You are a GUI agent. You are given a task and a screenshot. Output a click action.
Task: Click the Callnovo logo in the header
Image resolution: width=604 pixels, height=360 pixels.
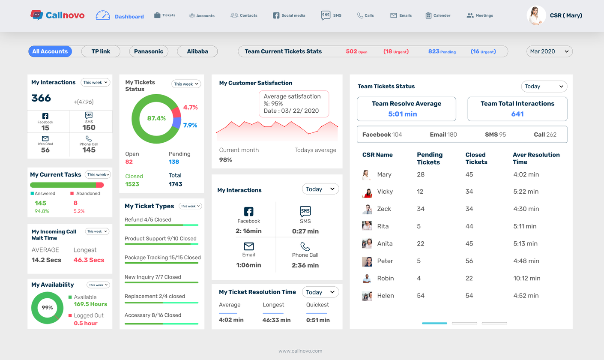pyautogui.click(x=57, y=15)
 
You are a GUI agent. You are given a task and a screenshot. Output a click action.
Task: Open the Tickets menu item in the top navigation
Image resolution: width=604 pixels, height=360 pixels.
pyautogui.click(x=164, y=15)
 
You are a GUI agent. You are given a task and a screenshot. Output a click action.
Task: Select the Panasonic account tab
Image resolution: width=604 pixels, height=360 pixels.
pyautogui.click(x=149, y=51)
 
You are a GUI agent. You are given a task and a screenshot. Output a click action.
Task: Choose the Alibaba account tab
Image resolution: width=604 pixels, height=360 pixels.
pyautogui.click(x=197, y=51)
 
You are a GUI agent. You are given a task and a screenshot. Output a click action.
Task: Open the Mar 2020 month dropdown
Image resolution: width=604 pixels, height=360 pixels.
pyautogui.click(x=549, y=51)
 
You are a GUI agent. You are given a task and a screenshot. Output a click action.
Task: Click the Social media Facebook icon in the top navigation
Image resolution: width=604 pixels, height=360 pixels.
pyautogui.click(x=276, y=15)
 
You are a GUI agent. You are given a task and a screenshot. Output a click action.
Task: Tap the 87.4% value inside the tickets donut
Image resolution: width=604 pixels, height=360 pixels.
pyautogui.click(x=156, y=118)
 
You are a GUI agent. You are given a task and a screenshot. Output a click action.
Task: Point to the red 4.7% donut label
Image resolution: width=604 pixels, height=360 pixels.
pyautogui.click(x=190, y=108)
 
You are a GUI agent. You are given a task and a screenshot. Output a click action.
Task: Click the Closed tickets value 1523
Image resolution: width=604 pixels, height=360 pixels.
pyautogui.click(x=132, y=184)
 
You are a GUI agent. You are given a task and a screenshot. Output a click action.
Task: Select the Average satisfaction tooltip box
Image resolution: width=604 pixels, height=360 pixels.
pyautogui.click(x=294, y=104)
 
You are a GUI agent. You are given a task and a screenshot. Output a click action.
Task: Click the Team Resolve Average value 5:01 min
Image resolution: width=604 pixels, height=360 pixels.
pyautogui.click(x=403, y=114)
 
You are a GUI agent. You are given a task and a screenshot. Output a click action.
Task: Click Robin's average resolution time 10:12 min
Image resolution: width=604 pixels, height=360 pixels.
pyautogui.click(x=526, y=278)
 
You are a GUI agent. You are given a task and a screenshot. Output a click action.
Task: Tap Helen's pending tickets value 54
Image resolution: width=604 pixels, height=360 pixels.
pyautogui.click(x=421, y=296)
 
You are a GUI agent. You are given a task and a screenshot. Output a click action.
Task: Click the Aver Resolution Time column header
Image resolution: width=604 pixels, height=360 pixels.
pyautogui.click(x=536, y=158)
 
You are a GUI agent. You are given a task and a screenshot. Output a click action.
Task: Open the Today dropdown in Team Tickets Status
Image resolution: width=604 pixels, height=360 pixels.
pyautogui.click(x=544, y=86)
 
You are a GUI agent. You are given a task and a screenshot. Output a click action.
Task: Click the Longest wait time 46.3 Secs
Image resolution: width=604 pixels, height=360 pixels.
pyautogui.click(x=89, y=260)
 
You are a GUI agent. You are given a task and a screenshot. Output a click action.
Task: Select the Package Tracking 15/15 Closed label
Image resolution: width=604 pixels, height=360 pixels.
pyautogui.click(x=163, y=257)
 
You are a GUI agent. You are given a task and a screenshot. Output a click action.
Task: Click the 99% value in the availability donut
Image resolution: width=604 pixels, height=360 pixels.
pyautogui.click(x=47, y=308)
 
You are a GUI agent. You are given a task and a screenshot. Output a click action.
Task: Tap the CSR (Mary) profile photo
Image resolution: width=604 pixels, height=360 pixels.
pyautogui.click(x=536, y=15)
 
